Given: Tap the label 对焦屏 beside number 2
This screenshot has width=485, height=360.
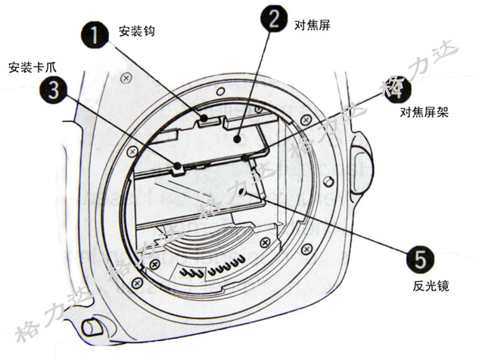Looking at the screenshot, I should pos(312,24).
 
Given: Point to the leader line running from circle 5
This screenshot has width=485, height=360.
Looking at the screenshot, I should pos(333,227).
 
